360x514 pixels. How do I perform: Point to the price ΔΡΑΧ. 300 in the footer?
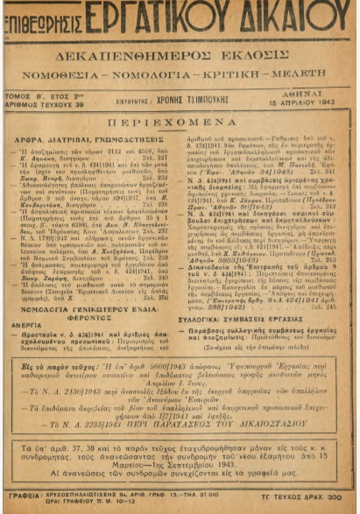[x=328, y=496]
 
